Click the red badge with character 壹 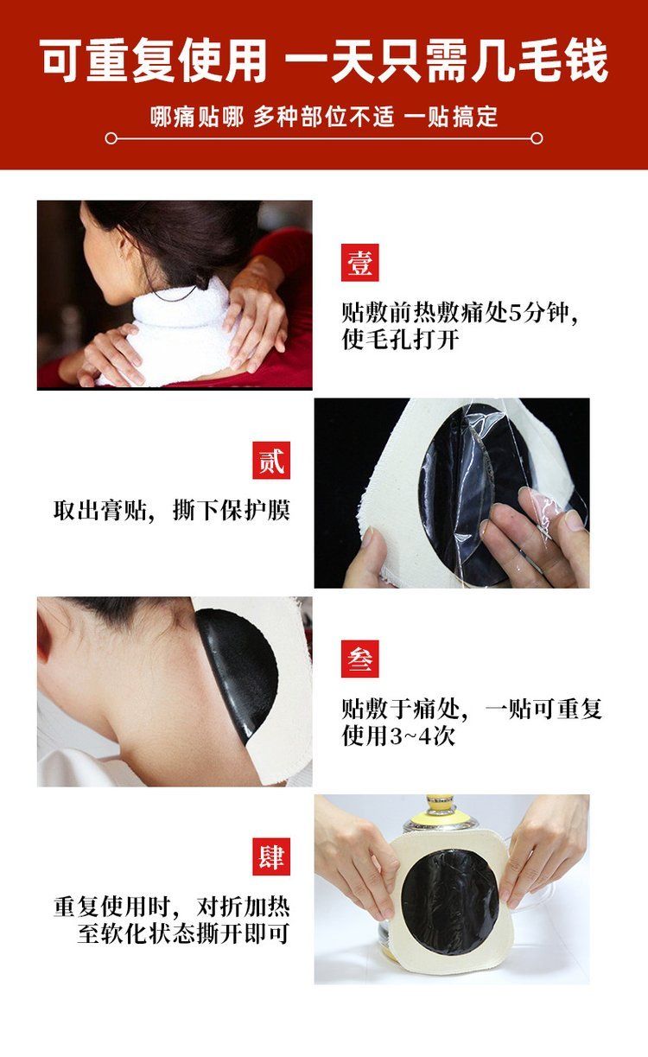(359, 263)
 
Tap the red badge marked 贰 (271, 461)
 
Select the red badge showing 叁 (359, 659)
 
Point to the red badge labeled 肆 (271, 857)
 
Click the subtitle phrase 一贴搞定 (451, 117)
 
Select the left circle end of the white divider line (111, 138)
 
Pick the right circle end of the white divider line (537, 138)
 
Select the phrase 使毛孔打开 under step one (400, 340)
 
